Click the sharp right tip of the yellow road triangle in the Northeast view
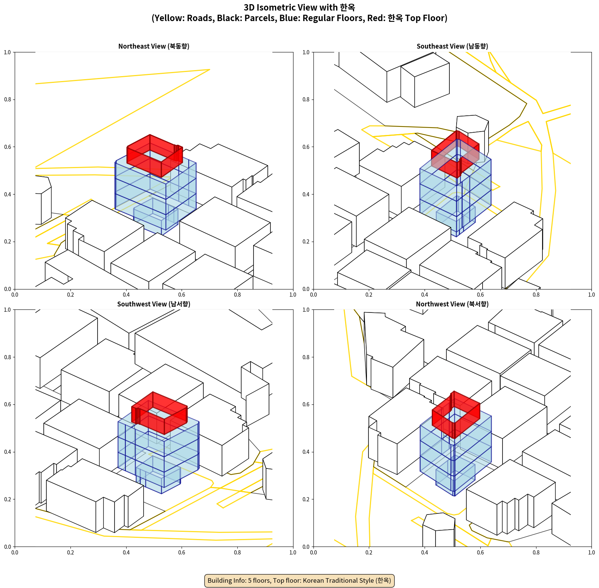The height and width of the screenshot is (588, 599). (209, 69)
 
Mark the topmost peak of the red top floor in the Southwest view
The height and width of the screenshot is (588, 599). (153, 392)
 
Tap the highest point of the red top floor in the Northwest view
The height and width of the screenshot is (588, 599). (454, 391)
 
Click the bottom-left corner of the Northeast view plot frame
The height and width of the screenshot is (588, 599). (15, 289)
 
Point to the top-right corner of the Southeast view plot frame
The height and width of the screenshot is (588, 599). (592, 52)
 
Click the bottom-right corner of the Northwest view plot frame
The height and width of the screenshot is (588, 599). (592, 547)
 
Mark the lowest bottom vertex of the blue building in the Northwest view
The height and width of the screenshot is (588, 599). (454, 496)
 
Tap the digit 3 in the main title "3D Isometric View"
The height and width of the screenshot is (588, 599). (246, 8)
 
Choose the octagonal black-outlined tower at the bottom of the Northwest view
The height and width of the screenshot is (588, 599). (439, 530)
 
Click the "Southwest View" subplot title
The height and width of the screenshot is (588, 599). (154, 304)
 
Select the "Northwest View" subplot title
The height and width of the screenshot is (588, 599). (452, 304)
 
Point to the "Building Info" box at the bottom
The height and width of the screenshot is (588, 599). (299, 580)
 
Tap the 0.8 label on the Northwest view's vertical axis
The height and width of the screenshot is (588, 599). (306, 357)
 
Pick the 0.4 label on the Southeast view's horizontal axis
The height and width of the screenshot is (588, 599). (425, 295)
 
